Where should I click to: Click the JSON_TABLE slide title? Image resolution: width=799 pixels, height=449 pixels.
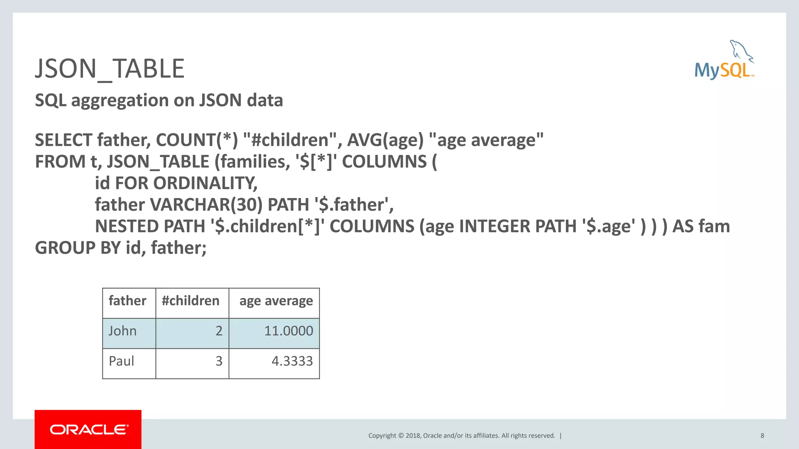point(110,69)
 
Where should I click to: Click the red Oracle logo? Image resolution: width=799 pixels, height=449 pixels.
point(88,429)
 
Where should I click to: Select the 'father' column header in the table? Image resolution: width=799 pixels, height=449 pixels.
point(128,301)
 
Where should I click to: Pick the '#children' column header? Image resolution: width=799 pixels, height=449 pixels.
point(191,301)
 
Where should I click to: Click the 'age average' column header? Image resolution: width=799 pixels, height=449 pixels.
point(276,301)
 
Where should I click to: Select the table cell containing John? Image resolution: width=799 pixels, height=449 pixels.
point(123,331)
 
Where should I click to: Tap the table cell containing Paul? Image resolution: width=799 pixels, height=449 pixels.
point(121,361)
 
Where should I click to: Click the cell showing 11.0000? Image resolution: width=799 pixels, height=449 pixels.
point(288,331)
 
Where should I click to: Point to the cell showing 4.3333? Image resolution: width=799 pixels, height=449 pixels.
point(292,361)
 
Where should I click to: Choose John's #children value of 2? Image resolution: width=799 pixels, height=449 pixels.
point(219,331)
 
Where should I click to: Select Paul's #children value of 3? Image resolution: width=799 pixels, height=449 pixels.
point(219,361)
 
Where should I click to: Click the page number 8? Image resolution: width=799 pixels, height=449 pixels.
point(762,436)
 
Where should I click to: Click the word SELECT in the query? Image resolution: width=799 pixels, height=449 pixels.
point(64,140)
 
